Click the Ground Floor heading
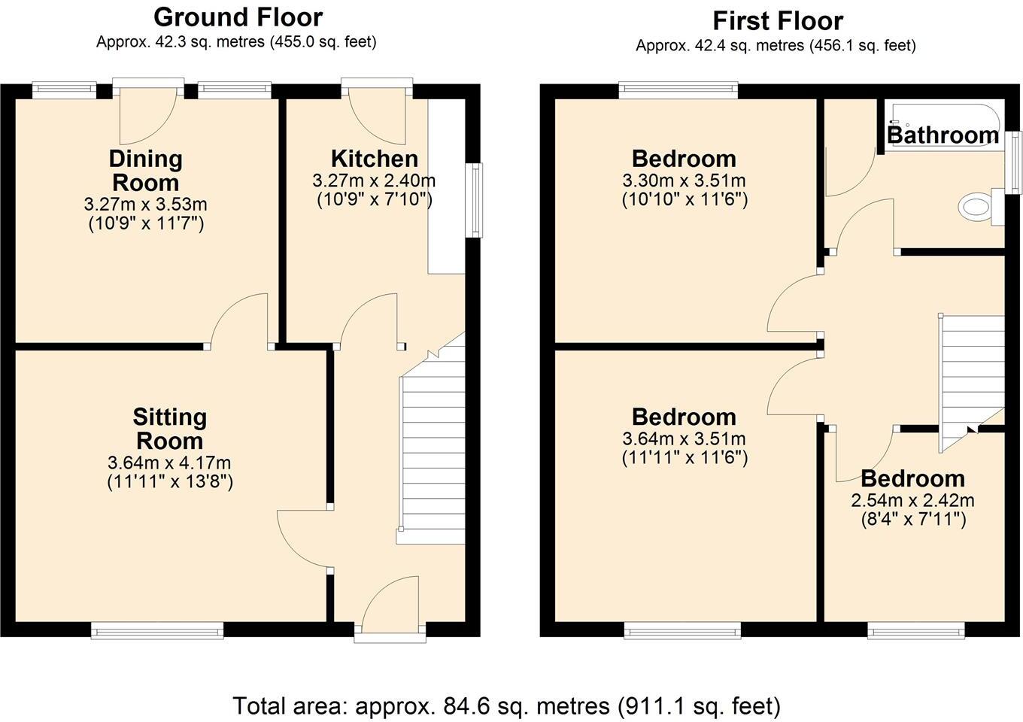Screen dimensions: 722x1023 (x=238, y=17)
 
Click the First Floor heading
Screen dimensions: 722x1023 (x=778, y=20)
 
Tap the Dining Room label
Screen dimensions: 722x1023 (x=146, y=171)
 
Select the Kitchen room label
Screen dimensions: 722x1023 (x=374, y=159)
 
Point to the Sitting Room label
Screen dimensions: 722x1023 (x=169, y=429)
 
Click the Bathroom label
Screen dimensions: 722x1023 (x=943, y=135)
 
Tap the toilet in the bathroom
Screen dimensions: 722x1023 (x=977, y=207)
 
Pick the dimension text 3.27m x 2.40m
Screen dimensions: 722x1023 (x=374, y=181)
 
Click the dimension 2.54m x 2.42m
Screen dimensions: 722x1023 (x=912, y=500)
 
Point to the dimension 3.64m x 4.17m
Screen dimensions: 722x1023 (x=169, y=463)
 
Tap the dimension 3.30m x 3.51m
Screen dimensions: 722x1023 (x=684, y=181)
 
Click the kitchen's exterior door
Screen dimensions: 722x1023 (x=378, y=113)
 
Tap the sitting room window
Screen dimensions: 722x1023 (x=157, y=630)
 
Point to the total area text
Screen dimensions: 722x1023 (x=506, y=705)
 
